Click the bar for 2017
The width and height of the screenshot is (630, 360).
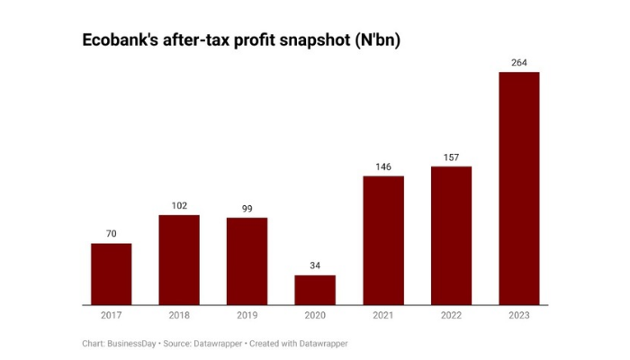(x=111, y=274)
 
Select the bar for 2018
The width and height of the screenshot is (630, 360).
(x=179, y=259)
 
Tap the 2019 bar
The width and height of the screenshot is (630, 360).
(x=247, y=261)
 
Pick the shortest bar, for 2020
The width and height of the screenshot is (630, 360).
(x=315, y=290)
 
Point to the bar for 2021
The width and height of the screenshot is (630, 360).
(x=383, y=240)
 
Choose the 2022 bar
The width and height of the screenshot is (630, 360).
(x=451, y=235)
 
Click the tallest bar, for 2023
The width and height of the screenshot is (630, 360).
(x=519, y=188)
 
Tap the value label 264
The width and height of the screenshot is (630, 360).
(x=519, y=62)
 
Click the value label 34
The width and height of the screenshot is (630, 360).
(x=315, y=265)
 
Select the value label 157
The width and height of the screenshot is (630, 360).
(x=451, y=157)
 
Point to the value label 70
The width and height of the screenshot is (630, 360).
(x=111, y=234)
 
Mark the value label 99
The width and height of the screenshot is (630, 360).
(x=247, y=209)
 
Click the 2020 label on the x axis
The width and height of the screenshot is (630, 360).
(x=315, y=316)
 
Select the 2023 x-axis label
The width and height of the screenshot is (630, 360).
(x=519, y=316)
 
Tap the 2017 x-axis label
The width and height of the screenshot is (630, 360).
(x=111, y=316)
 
